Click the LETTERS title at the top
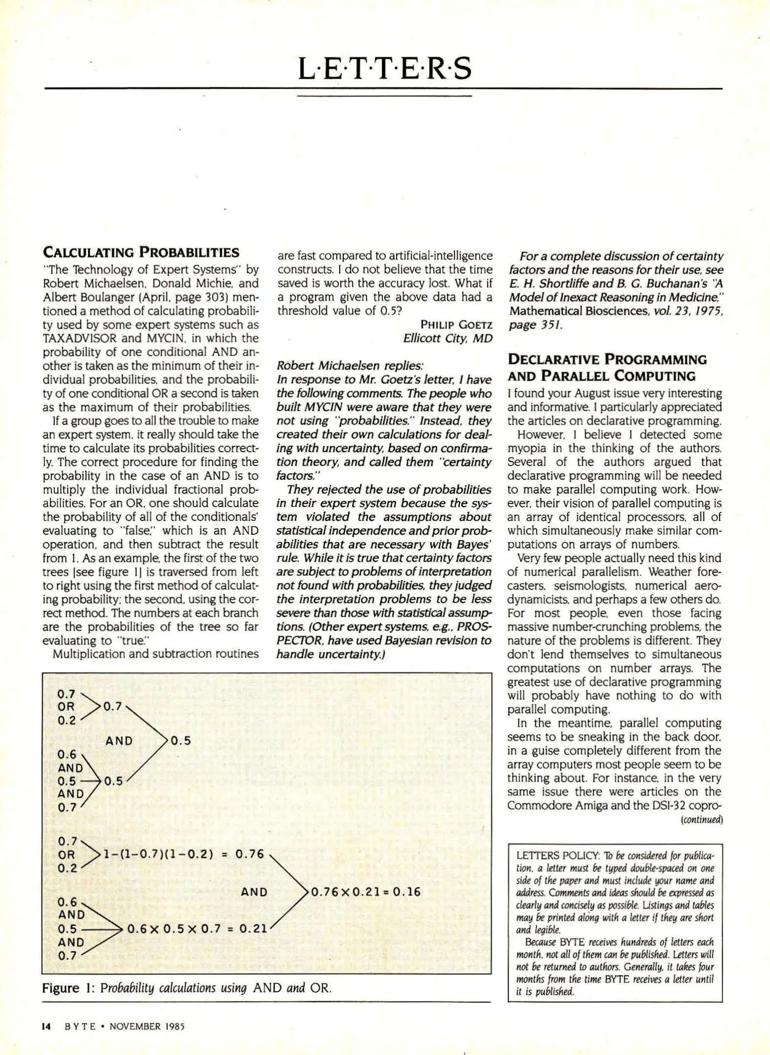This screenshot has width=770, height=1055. (x=384, y=68)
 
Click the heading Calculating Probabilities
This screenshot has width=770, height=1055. (x=141, y=253)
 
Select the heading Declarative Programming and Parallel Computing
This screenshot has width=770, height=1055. (x=607, y=368)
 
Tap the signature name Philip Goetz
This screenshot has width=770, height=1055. (x=456, y=325)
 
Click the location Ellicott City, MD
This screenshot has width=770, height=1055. (x=447, y=338)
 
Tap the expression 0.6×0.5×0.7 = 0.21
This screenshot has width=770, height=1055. (x=197, y=928)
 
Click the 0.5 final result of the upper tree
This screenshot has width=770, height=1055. (x=180, y=741)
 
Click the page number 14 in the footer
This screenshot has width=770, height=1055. (x=46, y=1027)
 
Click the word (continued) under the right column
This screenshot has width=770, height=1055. (x=702, y=820)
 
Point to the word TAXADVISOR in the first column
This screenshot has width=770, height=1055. (x=80, y=338)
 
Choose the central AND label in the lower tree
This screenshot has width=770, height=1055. (x=254, y=892)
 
